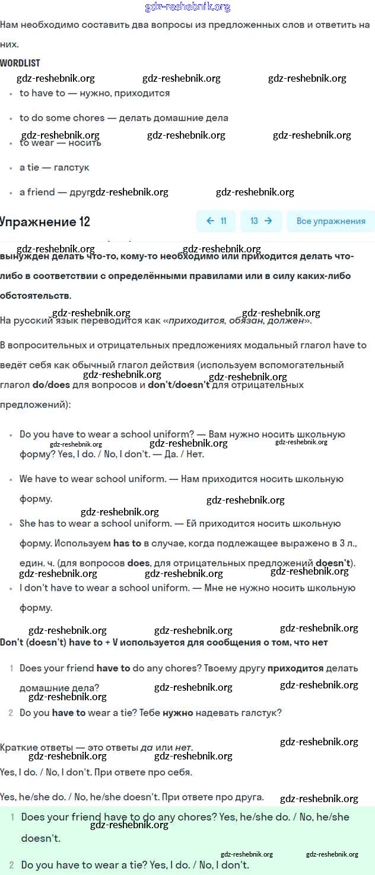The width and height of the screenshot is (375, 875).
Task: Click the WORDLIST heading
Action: (x=20, y=63)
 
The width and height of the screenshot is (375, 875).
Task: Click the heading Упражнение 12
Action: (x=45, y=222)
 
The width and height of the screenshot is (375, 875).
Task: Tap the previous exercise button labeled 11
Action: (x=216, y=221)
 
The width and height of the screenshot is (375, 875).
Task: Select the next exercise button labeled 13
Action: (x=261, y=221)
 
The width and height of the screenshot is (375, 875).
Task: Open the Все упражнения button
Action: (x=330, y=221)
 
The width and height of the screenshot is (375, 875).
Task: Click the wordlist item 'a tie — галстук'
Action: (x=55, y=168)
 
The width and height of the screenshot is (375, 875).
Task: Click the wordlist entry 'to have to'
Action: (x=43, y=93)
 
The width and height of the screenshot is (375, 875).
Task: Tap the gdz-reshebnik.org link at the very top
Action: (x=188, y=7)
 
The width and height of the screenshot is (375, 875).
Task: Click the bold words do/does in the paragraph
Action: (x=51, y=384)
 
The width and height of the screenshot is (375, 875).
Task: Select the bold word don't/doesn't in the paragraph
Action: (x=179, y=384)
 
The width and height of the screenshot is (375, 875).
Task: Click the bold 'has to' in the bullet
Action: (x=127, y=543)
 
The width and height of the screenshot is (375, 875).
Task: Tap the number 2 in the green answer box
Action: (x=12, y=865)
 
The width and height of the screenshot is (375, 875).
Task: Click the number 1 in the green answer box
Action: (x=12, y=817)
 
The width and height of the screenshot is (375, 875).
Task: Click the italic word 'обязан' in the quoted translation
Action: (x=246, y=320)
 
